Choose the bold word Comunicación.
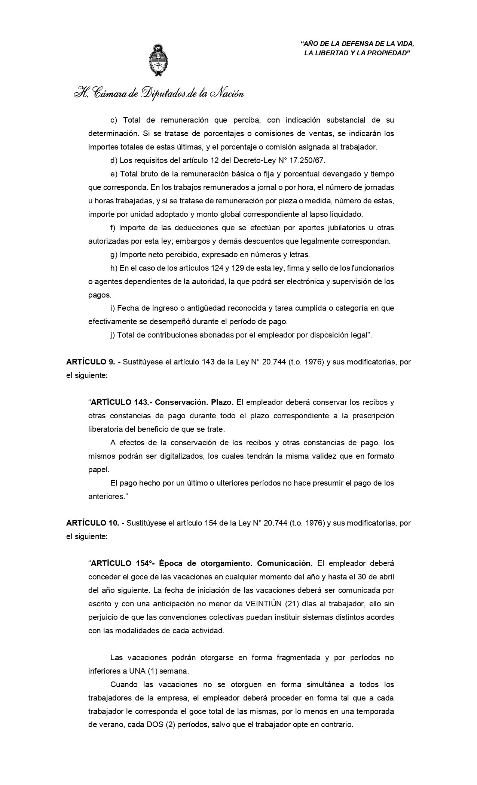285,563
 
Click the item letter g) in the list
114,255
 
